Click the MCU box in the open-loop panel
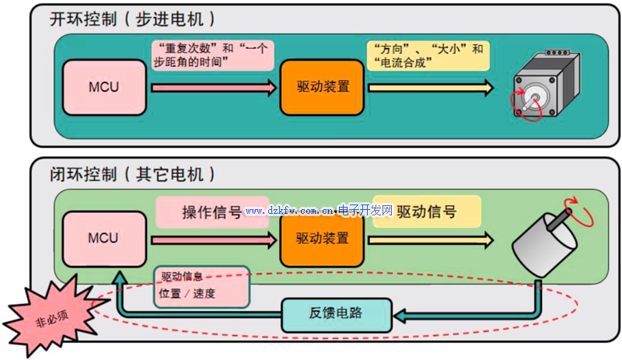tap(103, 87)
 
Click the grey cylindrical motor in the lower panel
tap(544, 245)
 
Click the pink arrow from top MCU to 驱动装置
tap(213, 87)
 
